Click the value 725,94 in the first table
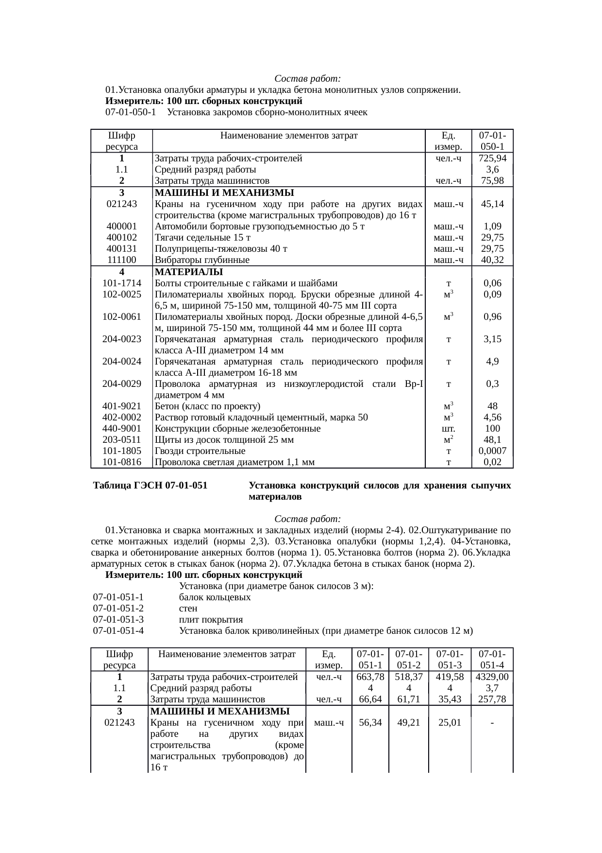tap(492, 158)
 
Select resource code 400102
tap(121, 238)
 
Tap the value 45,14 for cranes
tap(492, 204)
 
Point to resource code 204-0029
tap(121, 384)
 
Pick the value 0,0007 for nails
tap(492, 451)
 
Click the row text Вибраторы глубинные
tap(202, 260)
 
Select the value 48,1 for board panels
tap(492, 440)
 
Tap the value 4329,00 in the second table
tap(492, 677)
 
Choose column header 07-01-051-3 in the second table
tap(450, 659)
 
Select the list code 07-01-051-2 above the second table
tap(118, 609)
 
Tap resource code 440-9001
tap(121, 429)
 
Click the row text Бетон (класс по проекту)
tap(207, 406)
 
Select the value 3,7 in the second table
tap(492, 688)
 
